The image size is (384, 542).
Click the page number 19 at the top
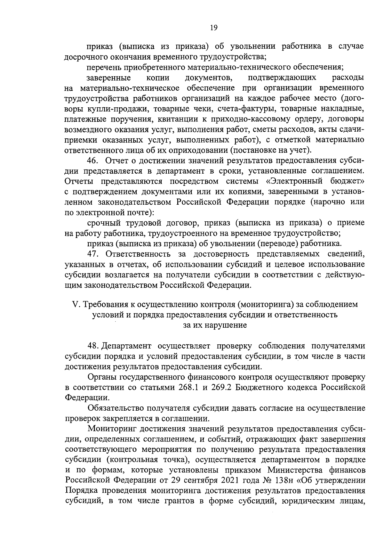[214, 28]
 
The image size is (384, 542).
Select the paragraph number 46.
[93, 160]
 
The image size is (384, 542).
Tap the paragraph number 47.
[94, 254]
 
